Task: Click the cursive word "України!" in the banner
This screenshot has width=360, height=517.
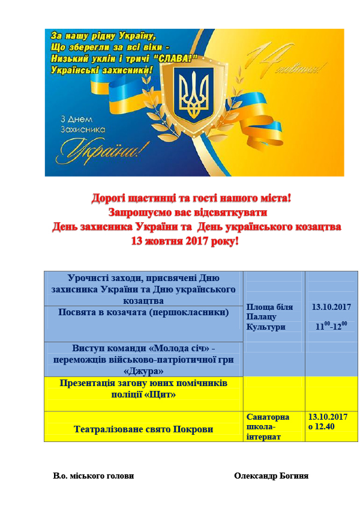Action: tap(104, 148)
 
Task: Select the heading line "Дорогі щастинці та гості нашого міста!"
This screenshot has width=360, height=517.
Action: tap(191, 198)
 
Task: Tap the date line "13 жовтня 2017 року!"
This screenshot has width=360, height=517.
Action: tap(185, 241)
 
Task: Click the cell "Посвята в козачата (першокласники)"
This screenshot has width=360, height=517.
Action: tap(143, 312)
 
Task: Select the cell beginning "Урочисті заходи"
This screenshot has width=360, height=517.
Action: tap(143, 288)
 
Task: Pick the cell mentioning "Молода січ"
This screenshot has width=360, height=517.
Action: tap(143, 359)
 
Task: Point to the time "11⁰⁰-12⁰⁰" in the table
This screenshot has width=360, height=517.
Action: tap(331, 326)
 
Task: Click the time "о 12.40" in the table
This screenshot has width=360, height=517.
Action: tap(322, 426)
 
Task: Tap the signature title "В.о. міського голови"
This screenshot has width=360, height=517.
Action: tap(93, 476)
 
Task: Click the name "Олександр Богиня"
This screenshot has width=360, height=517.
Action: tap(271, 476)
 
